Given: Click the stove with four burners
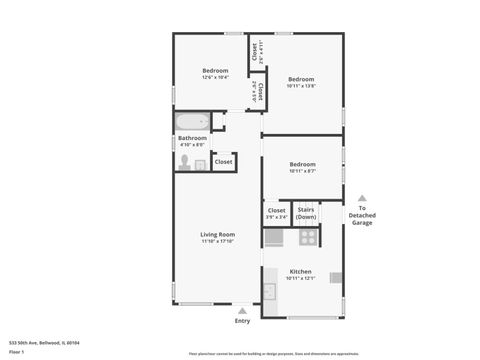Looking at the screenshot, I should [309, 238].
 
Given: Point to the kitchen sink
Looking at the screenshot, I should [269, 292].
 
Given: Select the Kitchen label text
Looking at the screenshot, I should [301, 271].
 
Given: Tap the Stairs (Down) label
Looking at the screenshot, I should [306, 213].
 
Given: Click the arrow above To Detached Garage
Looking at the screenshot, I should [362, 198].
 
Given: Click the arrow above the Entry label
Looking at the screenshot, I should [242, 310].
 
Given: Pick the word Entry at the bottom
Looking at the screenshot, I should [242, 321].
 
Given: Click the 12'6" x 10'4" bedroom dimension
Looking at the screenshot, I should [216, 77].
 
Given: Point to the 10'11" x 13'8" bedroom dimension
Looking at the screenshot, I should [301, 86].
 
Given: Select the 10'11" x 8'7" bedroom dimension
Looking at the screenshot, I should [302, 171].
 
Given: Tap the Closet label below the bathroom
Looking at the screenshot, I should [223, 161].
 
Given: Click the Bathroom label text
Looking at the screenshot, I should [192, 138].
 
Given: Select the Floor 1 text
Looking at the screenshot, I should [16, 352].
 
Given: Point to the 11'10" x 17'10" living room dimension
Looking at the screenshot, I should [218, 241].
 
